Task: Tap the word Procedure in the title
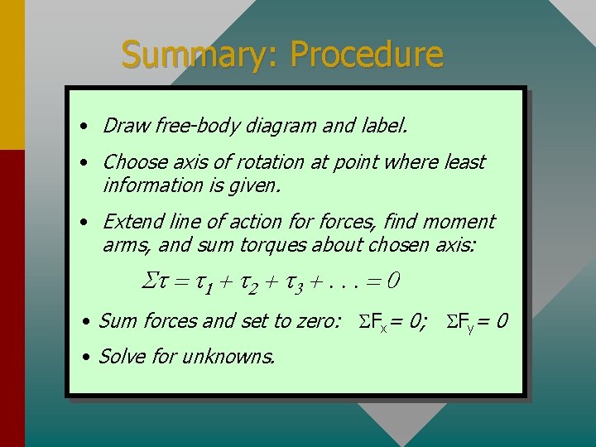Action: [x=367, y=55]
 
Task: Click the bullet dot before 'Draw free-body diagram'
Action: [x=85, y=127]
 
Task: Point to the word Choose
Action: [x=132, y=162]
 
